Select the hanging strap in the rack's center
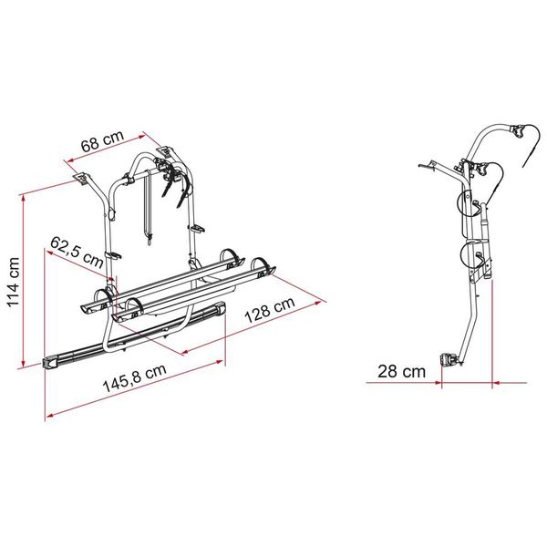(x=147, y=214)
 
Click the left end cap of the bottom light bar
(x=49, y=364)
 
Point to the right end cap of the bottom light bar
(x=221, y=312)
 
